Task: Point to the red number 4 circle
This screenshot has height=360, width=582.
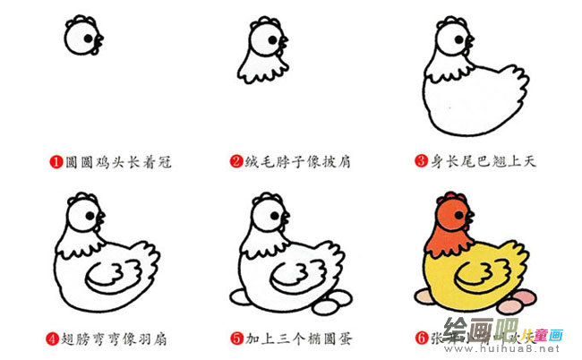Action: click(54, 339)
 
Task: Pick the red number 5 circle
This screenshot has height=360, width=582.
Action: click(236, 339)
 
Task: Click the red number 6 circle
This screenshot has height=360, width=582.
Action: click(420, 339)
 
